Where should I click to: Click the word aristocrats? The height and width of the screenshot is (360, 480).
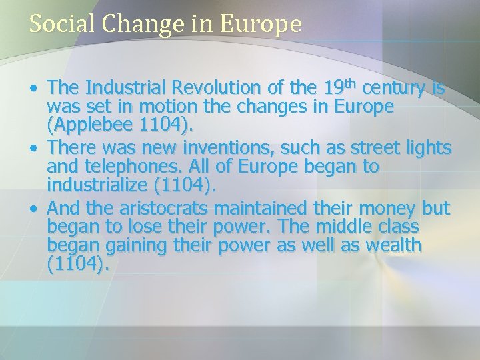coord(160,208)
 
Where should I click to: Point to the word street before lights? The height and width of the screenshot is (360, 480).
coord(371,148)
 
